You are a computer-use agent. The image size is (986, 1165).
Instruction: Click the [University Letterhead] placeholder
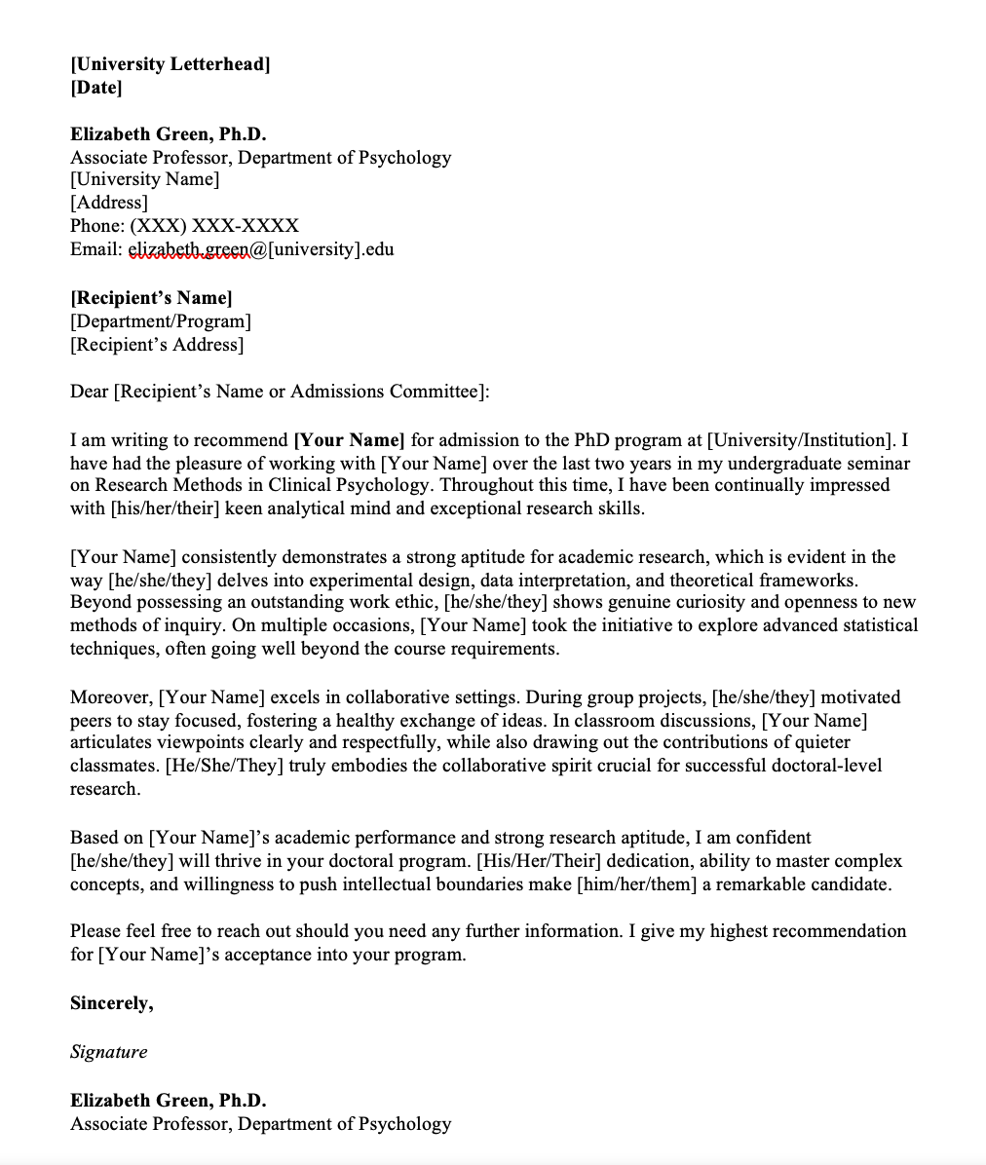(x=171, y=64)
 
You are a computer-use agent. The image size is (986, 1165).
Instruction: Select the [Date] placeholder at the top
(x=96, y=88)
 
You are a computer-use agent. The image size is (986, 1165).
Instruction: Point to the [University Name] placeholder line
(x=145, y=179)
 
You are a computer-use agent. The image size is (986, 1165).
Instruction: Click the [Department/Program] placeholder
(x=161, y=321)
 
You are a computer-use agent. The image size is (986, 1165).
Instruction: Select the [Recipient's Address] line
(x=157, y=345)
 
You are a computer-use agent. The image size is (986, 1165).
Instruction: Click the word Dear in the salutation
(x=90, y=392)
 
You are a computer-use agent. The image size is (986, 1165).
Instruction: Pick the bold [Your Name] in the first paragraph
(x=349, y=439)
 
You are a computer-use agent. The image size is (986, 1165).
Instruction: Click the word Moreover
(x=110, y=697)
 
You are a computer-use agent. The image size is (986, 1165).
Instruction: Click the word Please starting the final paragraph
(x=96, y=931)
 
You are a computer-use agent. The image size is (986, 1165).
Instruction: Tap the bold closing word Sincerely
(x=111, y=1003)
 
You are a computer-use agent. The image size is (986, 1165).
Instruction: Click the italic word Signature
(x=109, y=1052)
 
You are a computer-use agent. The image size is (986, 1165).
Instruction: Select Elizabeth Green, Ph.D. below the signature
(x=168, y=1101)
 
